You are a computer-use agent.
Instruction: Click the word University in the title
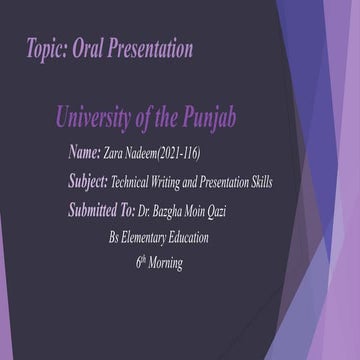click(101, 122)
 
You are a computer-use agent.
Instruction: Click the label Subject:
click(88, 183)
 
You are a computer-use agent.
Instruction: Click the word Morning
click(167, 264)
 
